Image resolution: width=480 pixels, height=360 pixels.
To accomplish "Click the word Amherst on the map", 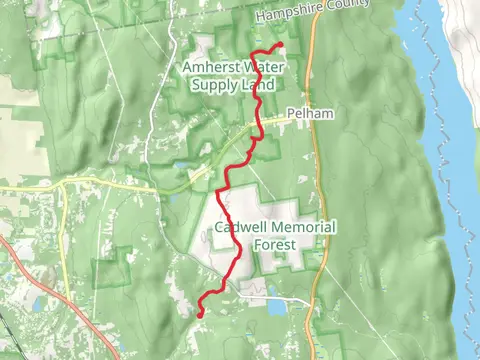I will (208, 67).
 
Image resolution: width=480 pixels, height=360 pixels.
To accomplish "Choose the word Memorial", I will (301, 227).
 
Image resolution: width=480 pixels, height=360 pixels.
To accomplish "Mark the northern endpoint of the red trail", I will (280, 45).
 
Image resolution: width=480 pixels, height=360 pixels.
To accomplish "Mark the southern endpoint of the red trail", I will (200, 313).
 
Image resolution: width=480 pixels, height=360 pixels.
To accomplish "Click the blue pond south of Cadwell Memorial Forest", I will (273, 293).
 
